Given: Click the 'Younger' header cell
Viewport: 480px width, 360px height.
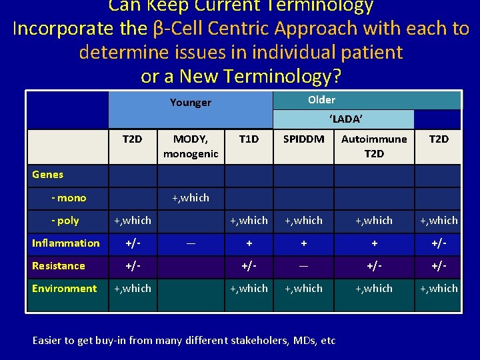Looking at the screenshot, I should coord(190,102).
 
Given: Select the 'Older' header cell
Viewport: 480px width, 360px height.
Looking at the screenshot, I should coord(321,99).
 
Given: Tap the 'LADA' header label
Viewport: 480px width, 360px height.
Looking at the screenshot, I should coord(345,119).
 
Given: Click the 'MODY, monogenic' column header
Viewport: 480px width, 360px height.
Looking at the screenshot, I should coord(190,146).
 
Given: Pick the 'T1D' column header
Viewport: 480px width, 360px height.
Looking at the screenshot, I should coord(249,139).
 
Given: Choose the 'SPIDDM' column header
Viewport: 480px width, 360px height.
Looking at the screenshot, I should coord(303,139).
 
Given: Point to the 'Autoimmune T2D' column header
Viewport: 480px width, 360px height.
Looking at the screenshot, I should coord(374,146).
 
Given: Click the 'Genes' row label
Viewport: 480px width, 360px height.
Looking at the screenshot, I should coord(48,175).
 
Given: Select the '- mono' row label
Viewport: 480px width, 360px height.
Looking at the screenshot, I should coord(69,197).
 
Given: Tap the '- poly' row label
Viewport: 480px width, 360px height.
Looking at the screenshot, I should coord(65,220).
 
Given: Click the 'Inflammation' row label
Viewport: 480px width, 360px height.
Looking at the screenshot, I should coord(66,243).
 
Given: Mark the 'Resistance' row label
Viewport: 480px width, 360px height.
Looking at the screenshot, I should coord(59,266).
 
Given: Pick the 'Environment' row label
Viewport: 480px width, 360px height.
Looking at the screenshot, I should coord(65,289).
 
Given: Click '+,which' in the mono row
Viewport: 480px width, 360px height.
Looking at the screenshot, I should coord(190,197).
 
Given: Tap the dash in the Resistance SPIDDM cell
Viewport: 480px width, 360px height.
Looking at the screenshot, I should coord(303,266).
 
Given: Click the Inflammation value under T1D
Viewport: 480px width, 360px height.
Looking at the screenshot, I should coord(249,243).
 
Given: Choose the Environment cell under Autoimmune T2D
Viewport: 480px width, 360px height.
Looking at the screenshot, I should coord(374,289).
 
